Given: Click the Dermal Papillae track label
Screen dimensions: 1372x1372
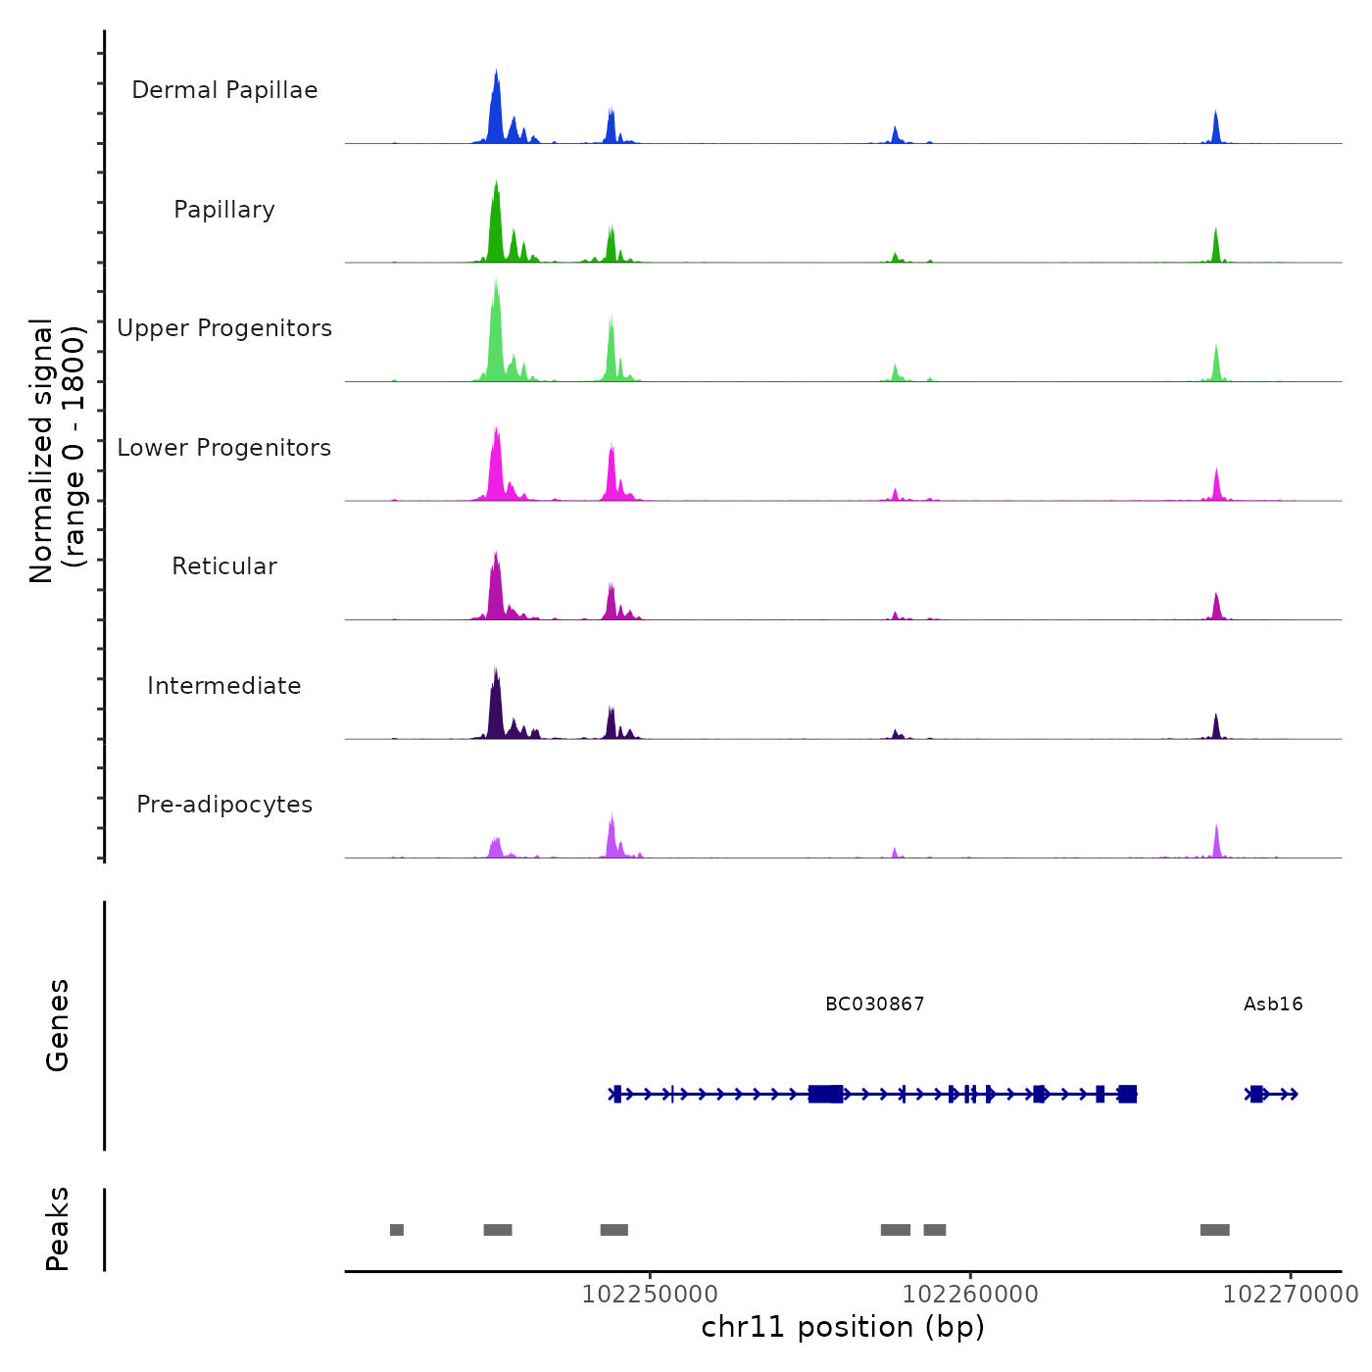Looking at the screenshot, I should (224, 90).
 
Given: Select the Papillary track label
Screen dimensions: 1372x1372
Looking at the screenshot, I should (224, 210).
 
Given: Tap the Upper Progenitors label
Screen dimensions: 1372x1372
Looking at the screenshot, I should (224, 328).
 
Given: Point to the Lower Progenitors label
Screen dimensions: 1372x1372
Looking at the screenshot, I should (224, 448).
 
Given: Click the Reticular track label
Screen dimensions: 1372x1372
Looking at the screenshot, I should (224, 566).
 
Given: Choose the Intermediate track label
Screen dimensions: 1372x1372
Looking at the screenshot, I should (224, 686).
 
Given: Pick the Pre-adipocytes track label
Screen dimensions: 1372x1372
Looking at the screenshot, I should (224, 805).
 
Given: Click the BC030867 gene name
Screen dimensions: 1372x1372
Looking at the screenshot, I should (875, 1004).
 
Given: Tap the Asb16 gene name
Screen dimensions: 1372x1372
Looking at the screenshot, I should (1273, 1004).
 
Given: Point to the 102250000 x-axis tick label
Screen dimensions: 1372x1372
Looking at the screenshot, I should (650, 1295).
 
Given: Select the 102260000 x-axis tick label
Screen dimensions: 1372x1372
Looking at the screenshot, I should (970, 1295).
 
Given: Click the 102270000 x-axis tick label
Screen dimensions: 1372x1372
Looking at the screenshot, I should (1291, 1295).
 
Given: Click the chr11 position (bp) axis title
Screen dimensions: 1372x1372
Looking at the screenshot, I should (843, 1327).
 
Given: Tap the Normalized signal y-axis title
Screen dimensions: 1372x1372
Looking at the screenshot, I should (57, 450).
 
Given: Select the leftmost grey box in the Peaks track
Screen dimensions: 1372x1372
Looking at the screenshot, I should (397, 1230).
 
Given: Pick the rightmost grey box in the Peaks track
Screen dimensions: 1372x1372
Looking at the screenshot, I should (1215, 1230).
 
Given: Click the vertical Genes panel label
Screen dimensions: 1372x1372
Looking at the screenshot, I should (58, 1025).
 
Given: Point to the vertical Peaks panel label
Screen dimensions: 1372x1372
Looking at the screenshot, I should (58, 1229).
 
